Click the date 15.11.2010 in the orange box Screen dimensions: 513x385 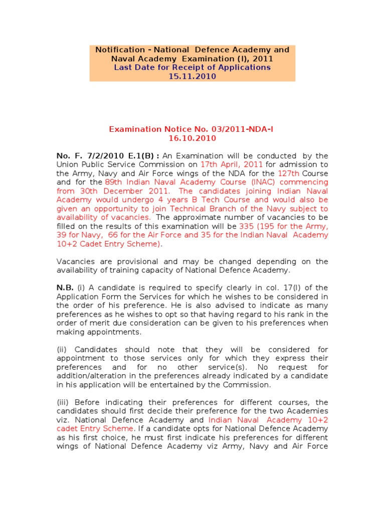192,77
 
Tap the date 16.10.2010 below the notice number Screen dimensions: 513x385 192,138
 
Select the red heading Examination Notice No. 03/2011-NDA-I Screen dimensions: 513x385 191,129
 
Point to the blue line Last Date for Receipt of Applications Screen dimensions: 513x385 192,68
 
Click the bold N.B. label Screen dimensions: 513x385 65,288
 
